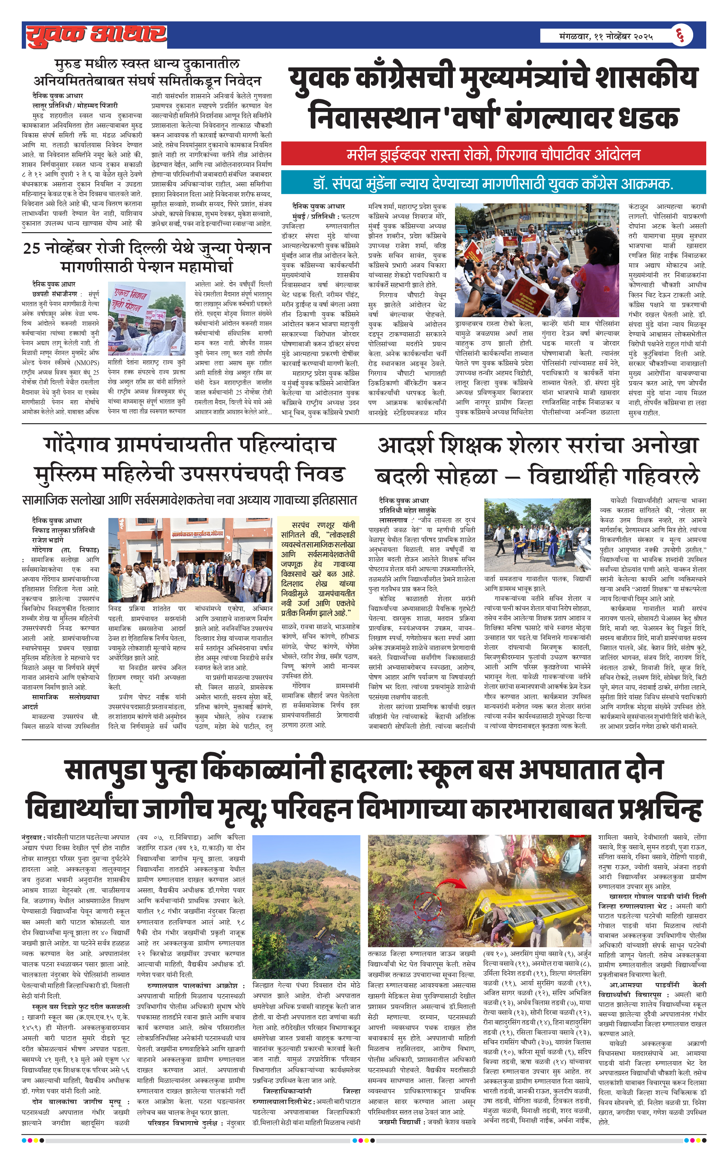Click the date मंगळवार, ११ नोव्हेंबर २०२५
(605, 36)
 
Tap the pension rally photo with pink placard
(146, 318)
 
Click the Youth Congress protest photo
(537, 260)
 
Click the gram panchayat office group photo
(190, 560)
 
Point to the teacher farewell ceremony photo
(537, 535)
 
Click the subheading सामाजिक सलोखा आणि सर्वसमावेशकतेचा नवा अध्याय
(189, 500)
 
